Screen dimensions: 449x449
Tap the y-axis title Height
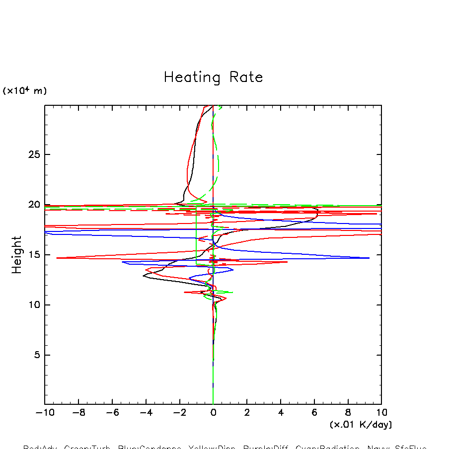[x=17, y=255]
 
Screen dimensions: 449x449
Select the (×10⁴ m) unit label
[x=25, y=91]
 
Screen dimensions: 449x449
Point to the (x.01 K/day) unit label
[x=361, y=425]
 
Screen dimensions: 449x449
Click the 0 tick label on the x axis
[x=213, y=413]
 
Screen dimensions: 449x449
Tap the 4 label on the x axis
[x=281, y=413]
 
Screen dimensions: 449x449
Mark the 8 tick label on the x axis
[x=348, y=413]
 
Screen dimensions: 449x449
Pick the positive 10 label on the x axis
[x=381, y=413]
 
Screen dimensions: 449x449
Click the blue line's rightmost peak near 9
[x=369, y=258]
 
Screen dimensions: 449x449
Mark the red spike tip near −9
[x=57, y=258]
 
